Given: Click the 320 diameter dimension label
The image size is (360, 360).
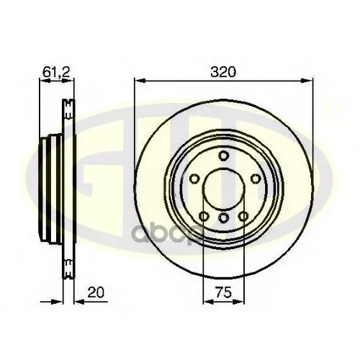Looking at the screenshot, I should click(223, 72).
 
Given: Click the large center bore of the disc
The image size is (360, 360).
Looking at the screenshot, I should click(223, 184).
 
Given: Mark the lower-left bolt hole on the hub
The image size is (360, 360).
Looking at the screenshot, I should click(205, 215).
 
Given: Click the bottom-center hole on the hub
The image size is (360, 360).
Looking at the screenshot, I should click(223, 217).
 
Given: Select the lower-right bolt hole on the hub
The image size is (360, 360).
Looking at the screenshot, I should click(242, 215).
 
